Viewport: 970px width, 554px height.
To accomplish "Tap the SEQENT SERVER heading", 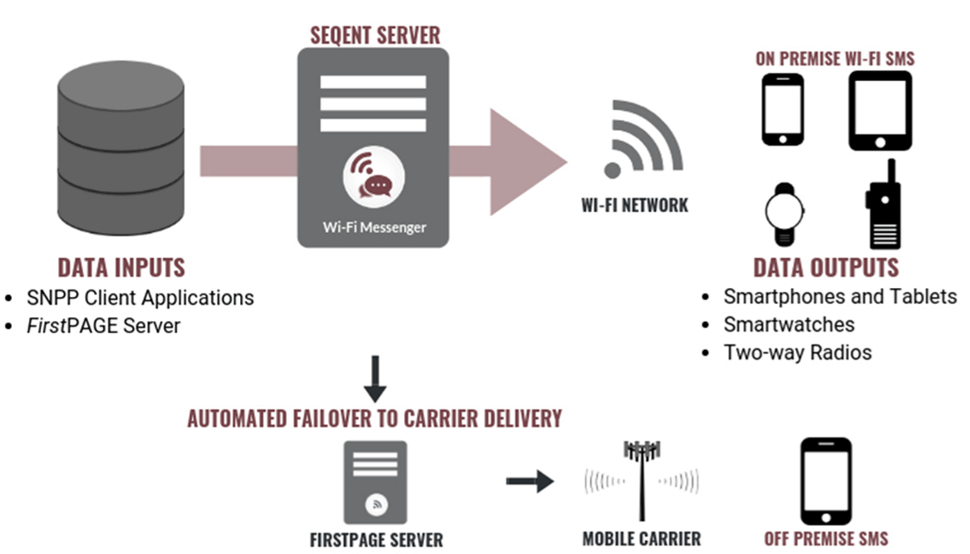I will click(376, 35).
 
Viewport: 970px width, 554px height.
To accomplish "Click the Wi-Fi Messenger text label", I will click(374, 226).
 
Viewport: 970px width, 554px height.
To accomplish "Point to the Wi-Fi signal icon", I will click(639, 137).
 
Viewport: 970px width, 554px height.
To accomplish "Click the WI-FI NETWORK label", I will click(635, 205).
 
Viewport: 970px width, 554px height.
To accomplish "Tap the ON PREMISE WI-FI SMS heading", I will click(835, 59).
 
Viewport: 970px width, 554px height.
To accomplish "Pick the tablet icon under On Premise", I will click(880, 111).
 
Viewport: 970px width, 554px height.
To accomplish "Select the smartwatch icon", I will click(785, 214).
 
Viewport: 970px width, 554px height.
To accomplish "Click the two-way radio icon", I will click(884, 205).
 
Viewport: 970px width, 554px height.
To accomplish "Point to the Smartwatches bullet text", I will click(789, 324).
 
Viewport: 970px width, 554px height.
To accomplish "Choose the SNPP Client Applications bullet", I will click(141, 298).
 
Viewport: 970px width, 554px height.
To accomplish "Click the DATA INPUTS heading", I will click(121, 268).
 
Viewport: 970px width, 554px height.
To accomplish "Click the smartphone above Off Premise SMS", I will click(825, 481).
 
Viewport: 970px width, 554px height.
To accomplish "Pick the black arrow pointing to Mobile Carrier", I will click(529, 482).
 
